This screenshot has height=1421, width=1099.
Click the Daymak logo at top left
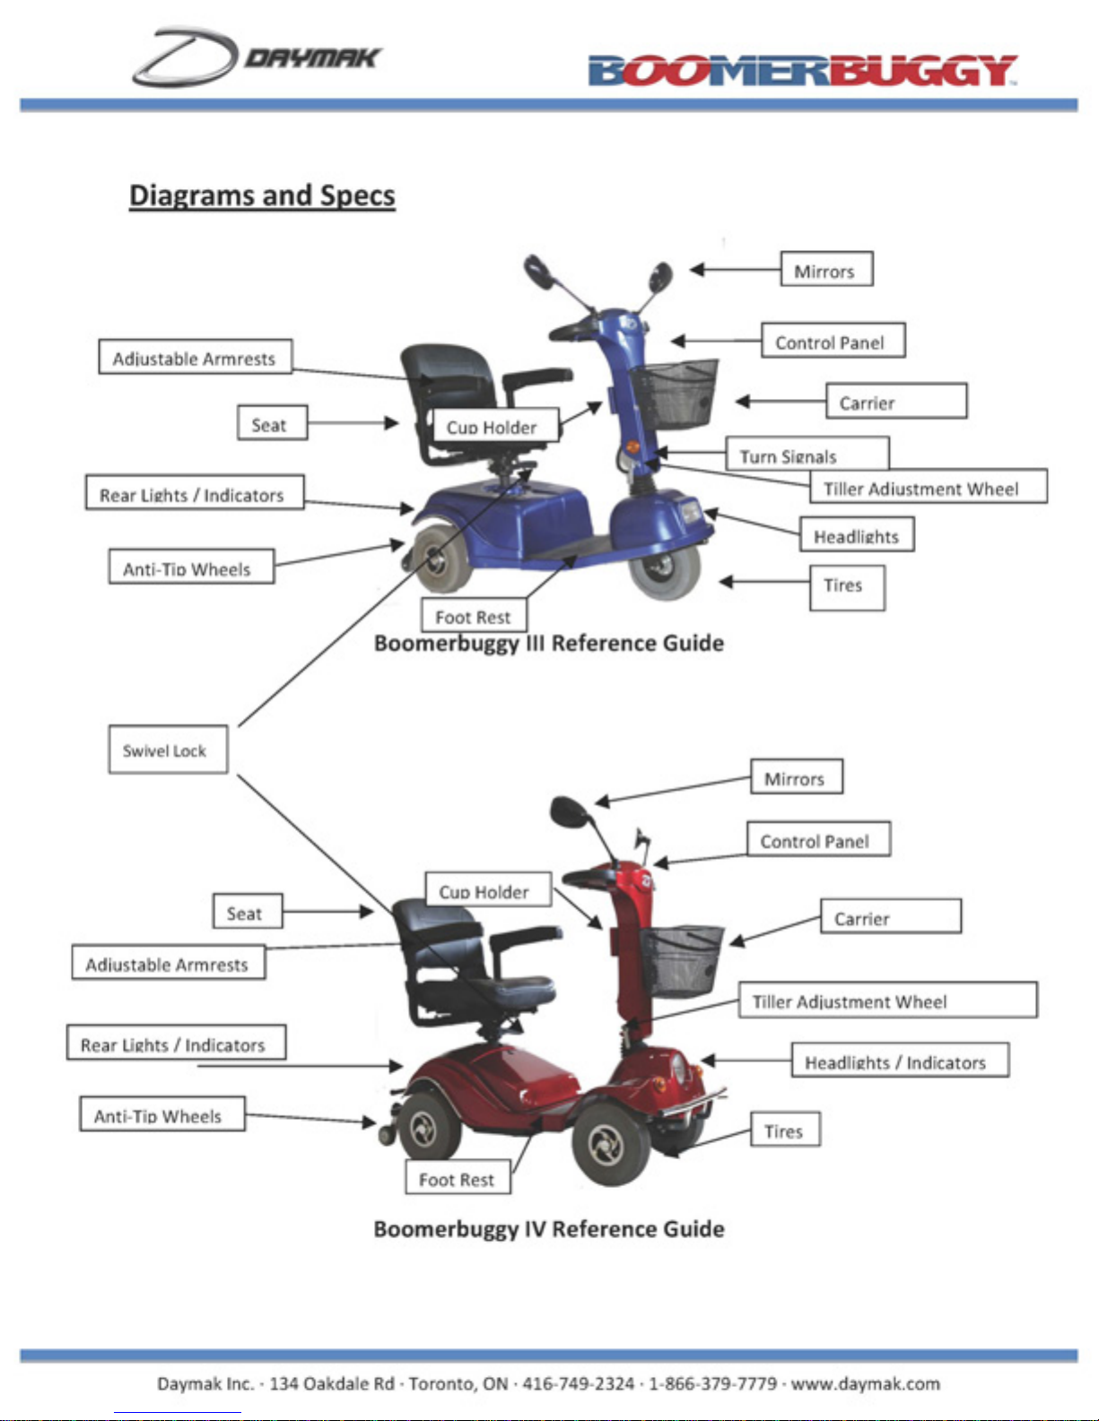pyautogui.click(x=257, y=57)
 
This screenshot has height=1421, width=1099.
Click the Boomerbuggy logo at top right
pyautogui.click(x=802, y=71)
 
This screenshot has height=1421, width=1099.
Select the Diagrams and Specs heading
pyautogui.click(x=262, y=195)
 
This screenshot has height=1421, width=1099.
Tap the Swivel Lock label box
pyautogui.click(x=167, y=749)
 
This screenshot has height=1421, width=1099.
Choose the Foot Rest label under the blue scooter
pyautogui.click(x=474, y=616)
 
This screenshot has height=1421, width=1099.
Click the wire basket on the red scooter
pyautogui.click(x=683, y=960)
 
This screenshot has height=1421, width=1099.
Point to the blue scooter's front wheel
pyautogui.click(x=665, y=566)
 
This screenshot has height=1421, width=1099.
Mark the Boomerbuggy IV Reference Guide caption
pyautogui.click(x=549, y=1228)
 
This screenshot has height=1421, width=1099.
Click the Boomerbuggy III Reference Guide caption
pyautogui.click(x=549, y=643)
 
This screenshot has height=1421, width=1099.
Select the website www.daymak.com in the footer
pyautogui.click(x=865, y=1383)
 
